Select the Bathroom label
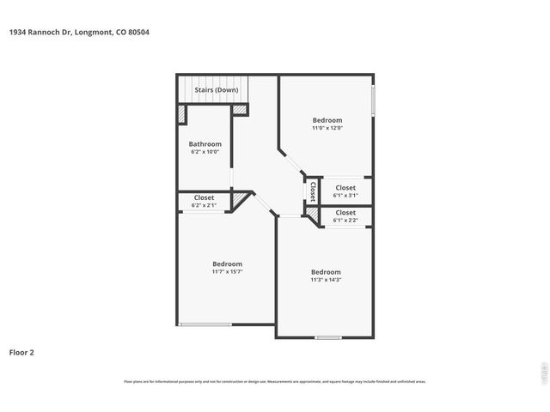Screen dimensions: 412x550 click(x=205, y=144)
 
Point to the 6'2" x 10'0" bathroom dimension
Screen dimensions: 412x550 click(x=205, y=152)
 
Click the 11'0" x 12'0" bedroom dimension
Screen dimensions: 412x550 click(x=327, y=128)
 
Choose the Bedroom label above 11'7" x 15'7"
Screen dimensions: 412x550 click(x=228, y=264)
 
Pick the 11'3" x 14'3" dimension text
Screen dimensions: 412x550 click(x=326, y=280)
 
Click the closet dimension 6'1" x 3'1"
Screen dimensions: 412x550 click(x=345, y=195)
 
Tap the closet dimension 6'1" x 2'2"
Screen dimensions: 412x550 click(x=345, y=220)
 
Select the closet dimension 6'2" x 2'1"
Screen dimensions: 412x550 click(x=204, y=205)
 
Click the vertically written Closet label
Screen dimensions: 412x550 click(x=313, y=191)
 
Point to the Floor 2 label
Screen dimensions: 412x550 click(x=21, y=352)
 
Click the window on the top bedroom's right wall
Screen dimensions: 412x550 click(x=372, y=100)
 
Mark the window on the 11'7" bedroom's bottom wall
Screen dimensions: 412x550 click(x=205, y=324)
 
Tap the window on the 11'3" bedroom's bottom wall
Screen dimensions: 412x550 click(x=327, y=337)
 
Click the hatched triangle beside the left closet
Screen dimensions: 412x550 click(x=240, y=200)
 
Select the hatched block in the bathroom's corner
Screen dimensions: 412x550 click(x=182, y=113)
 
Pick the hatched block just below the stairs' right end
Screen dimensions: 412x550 click(x=240, y=109)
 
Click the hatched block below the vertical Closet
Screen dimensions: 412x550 click(x=312, y=209)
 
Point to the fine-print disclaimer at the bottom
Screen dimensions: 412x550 click(x=275, y=381)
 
